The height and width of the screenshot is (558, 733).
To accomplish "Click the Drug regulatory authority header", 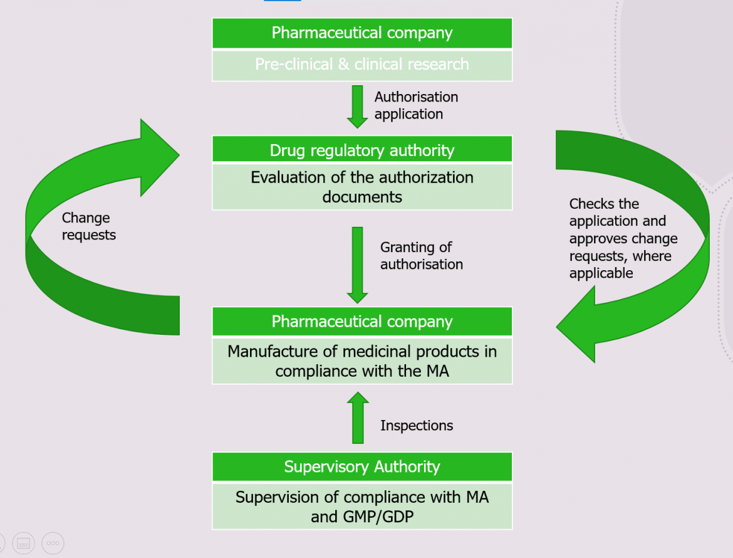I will [362, 150].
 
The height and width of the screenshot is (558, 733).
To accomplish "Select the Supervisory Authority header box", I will [362, 466].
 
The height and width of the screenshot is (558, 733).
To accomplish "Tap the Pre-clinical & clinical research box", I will [362, 65].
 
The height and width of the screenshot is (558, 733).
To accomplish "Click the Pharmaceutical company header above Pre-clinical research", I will [362, 33].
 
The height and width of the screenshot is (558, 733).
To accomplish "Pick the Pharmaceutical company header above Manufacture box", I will [362, 322].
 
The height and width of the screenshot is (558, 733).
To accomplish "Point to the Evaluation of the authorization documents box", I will [362, 187].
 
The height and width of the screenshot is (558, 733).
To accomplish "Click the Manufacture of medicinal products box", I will [362, 361].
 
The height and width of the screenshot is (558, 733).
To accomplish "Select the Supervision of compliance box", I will [362, 507].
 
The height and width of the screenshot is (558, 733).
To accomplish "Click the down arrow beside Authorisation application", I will [358, 106].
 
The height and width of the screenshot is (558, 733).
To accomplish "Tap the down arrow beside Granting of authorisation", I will [358, 264].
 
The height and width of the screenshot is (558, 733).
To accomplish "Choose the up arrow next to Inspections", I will [358, 418].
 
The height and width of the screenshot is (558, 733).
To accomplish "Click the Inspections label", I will [416, 426].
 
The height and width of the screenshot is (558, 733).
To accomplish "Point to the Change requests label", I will [88, 226].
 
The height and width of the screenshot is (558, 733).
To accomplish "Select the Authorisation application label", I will [416, 105].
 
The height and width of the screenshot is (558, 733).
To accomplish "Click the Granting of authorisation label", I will [421, 256].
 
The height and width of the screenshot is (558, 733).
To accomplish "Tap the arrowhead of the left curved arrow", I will [157, 156].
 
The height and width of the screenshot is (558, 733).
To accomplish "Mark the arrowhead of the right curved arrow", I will [579, 329].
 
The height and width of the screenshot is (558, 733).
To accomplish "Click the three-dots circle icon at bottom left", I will [53, 543].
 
